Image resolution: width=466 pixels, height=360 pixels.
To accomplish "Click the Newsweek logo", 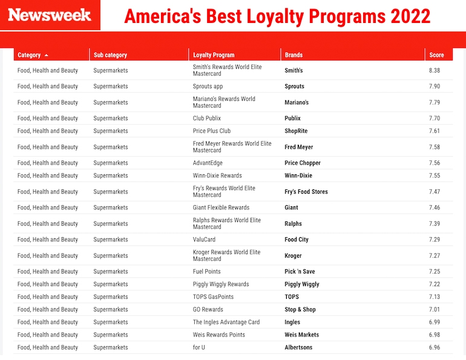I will (x=50, y=15).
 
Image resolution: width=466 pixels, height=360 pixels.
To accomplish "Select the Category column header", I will (x=29, y=55).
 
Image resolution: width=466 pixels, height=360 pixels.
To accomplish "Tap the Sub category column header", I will (x=110, y=55).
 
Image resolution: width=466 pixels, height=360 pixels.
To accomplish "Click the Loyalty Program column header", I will (x=214, y=55).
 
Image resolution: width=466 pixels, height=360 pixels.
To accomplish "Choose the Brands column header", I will (x=294, y=55).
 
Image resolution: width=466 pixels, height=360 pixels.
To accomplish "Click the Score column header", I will (x=436, y=55).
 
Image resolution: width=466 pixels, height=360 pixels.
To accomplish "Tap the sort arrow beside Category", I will (x=47, y=55).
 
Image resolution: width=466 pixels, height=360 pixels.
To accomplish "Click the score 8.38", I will (x=434, y=71).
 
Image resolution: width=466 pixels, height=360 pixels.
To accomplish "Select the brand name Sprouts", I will (x=295, y=87).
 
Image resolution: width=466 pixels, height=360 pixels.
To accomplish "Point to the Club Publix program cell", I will (x=207, y=119).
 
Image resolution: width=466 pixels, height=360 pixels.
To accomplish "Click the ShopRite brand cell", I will (x=297, y=131).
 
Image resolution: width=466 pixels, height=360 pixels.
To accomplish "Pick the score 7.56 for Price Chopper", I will (x=434, y=163).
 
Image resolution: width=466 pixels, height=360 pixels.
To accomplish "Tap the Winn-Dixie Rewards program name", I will (x=217, y=176).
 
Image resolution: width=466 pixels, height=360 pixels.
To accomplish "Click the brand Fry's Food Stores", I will (x=306, y=192).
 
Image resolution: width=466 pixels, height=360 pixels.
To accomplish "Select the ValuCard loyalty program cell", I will (x=204, y=240).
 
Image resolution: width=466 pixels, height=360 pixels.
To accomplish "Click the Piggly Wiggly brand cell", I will (x=302, y=284).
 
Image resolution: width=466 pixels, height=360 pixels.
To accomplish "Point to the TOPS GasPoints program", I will (x=213, y=297).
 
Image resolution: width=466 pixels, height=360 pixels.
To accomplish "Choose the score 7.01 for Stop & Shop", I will (x=434, y=310).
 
